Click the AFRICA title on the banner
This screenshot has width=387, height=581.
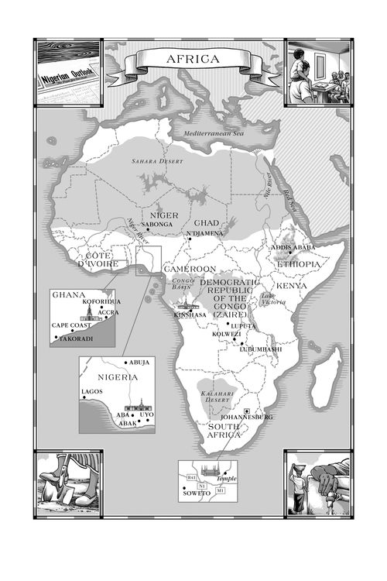(193, 59)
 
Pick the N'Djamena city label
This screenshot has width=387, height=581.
(205, 232)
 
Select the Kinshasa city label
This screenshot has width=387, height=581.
(189, 315)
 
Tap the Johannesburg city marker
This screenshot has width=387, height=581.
(246, 410)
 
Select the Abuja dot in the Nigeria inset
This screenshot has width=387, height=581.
(125, 363)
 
